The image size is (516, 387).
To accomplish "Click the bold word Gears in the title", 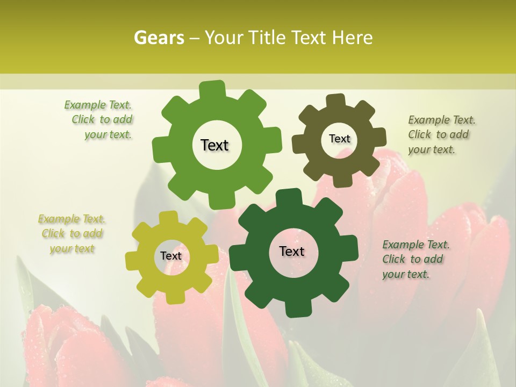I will (159, 38).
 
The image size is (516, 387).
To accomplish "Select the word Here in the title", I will (353, 38).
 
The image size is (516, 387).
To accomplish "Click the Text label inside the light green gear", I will (214, 145).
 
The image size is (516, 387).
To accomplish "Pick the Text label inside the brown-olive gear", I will (339, 139).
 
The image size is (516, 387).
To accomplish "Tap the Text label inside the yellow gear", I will (171, 256).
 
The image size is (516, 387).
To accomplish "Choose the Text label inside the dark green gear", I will (292, 252).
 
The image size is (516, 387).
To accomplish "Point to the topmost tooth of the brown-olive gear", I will (334, 101).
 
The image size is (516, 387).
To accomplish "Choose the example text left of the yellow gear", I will (71, 234).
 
